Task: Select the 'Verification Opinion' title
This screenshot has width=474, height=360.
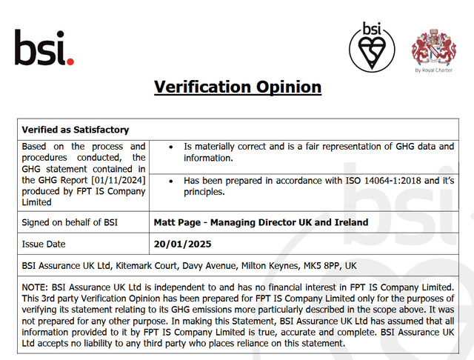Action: tap(237, 87)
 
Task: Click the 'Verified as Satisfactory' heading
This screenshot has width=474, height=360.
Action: tap(75, 130)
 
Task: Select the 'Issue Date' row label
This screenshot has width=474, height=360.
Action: tap(44, 244)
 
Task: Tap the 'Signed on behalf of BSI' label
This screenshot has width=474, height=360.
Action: tap(70, 222)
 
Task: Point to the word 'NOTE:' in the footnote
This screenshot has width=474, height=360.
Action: tap(36, 287)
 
